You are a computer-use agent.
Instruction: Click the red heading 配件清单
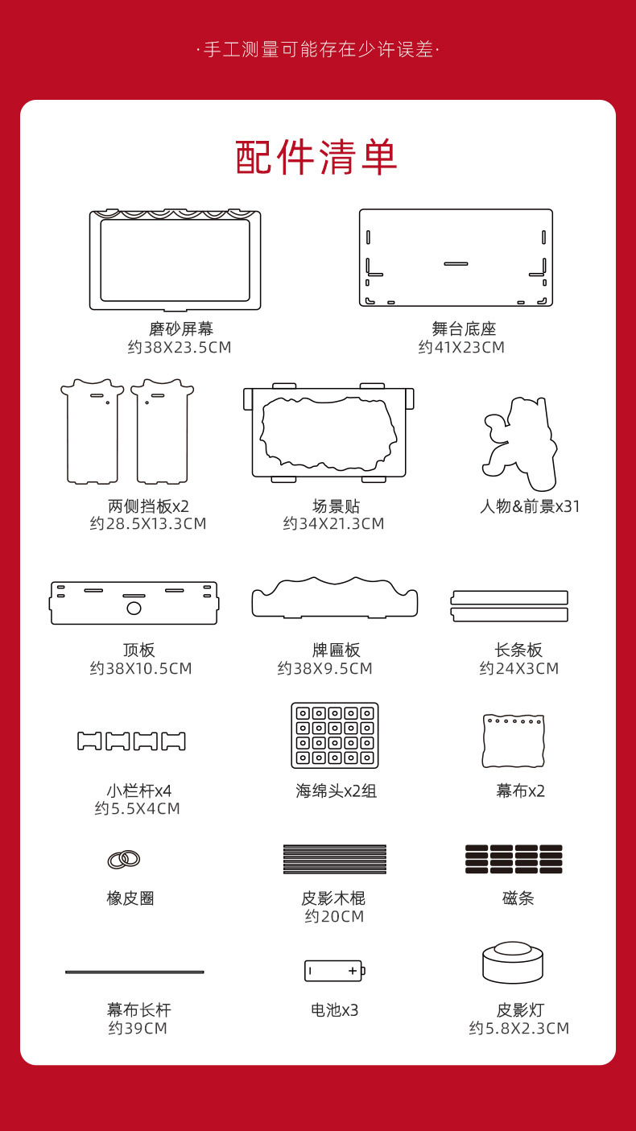(316, 157)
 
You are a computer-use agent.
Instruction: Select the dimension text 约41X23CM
(461, 348)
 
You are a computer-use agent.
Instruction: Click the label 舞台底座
(464, 329)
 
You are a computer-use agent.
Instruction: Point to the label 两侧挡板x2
(148, 506)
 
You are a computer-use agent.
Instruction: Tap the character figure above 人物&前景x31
(520, 444)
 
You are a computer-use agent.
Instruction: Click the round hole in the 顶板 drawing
(134, 608)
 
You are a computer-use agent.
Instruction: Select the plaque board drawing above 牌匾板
(335, 597)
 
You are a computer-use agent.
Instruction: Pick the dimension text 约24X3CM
(519, 668)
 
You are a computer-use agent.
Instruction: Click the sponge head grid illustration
(335, 736)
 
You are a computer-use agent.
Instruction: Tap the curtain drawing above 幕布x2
(514, 741)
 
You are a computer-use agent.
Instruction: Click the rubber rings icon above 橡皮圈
(124, 859)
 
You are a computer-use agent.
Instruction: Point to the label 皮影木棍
(333, 898)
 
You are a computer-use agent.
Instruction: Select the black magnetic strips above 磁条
(514, 859)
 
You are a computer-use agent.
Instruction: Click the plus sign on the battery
(353, 971)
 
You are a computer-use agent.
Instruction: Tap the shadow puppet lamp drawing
(513, 962)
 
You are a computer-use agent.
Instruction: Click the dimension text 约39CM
(138, 1028)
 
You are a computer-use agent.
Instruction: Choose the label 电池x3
(334, 1009)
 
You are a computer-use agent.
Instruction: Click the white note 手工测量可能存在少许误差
(318, 49)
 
